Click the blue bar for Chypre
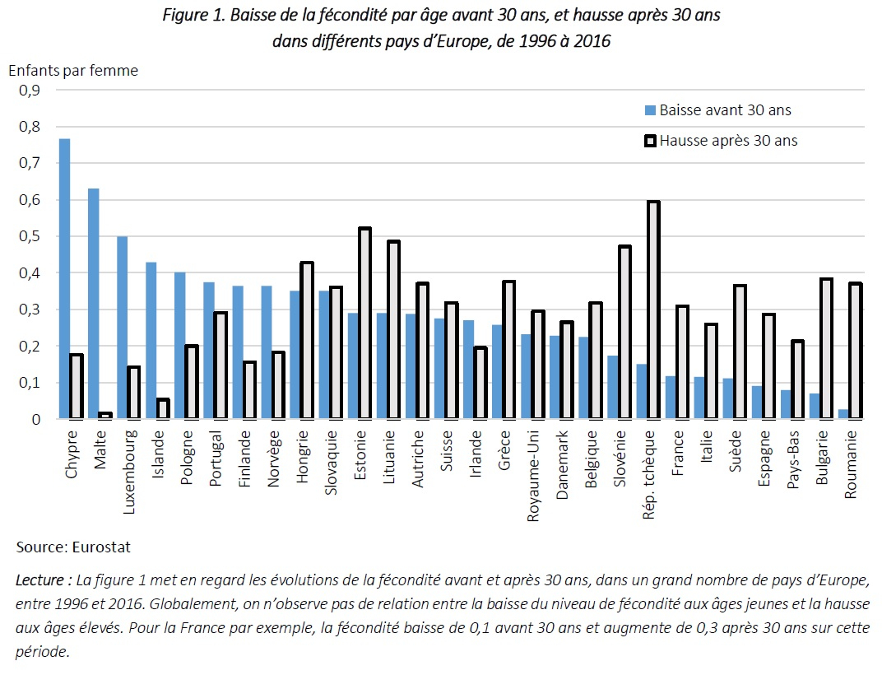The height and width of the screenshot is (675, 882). pos(64,279)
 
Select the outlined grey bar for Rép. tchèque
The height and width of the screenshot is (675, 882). pos(652,310)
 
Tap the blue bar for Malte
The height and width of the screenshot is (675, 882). pos(93,304)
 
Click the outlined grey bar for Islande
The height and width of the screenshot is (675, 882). pos(164,409)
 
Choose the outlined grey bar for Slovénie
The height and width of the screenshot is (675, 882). pos(624,333)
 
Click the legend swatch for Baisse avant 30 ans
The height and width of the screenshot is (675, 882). pos(650,110)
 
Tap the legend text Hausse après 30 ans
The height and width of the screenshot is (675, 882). pos(729,141)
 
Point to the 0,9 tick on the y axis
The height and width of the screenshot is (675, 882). pos(30,91)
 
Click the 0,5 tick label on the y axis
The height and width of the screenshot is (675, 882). pos(30,236)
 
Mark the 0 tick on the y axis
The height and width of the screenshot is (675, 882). pos(35,419)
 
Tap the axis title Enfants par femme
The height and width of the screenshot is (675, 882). pos(73,70)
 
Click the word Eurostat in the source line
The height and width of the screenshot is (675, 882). pos(101,547)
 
